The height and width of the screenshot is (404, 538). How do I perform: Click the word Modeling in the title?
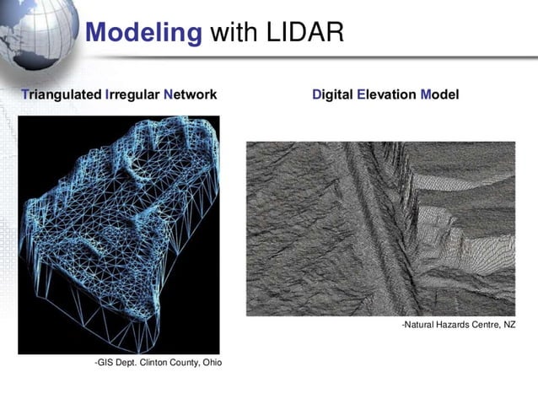[144, 33]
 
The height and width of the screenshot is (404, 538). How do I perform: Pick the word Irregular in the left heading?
[133, 94]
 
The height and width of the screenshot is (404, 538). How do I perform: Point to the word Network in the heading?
[191, 94]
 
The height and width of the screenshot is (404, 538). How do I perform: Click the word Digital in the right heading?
[332, 94]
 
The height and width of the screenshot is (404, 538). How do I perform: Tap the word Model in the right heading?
[439, 94]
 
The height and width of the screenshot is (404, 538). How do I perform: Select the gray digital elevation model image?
[379, 228]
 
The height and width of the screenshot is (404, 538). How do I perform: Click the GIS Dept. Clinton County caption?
[158, 363]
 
